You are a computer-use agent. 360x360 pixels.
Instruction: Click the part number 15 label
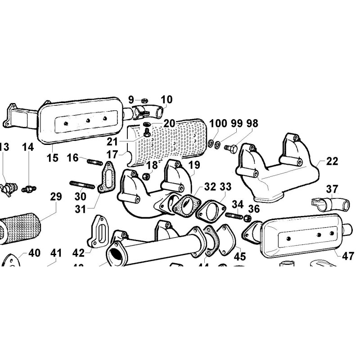(x=52, y=158)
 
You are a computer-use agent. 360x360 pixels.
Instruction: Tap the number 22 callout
(x=332, y=161)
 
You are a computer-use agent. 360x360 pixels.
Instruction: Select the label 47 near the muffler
(x=348, y=256)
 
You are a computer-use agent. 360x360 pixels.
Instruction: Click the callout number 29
(x=56, y=197)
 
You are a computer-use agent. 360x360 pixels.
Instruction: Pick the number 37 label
(x=332, y=189)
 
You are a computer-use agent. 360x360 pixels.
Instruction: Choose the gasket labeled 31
(x=107, y=181)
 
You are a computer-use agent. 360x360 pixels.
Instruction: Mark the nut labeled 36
(x=247, y=218)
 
